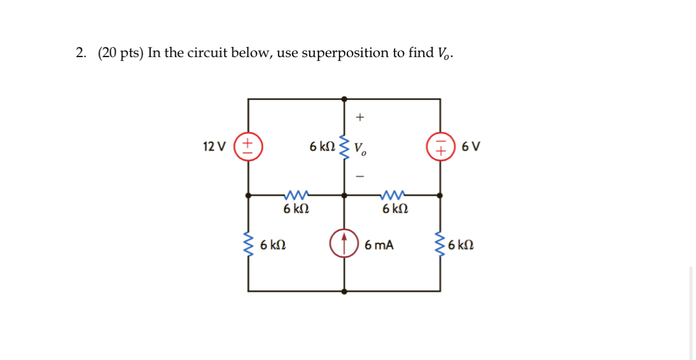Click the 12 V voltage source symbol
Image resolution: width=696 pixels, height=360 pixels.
tap(248, 147)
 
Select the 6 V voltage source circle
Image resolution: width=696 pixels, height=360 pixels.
tap(440, 147)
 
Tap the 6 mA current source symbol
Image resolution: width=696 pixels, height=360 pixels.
tap(344, 244)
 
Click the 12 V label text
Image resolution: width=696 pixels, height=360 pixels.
tap(214, 147)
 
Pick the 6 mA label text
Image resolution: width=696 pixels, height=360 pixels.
tap(379, 245)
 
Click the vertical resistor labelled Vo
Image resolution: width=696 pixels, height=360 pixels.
tap(344, 147)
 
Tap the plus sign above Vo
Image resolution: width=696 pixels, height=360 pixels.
tap(360, 118)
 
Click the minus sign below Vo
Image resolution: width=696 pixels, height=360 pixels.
tap(360, 177)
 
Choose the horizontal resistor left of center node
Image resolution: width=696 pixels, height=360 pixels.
tap(296, 195)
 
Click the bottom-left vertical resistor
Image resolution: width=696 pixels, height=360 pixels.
tap(248, 244)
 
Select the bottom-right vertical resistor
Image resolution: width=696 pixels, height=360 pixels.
tap(440, 244)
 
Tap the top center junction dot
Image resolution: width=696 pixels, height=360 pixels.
tap(344, 99)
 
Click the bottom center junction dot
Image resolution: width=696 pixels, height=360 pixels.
tap(344, 291)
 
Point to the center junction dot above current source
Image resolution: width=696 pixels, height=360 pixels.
tap(344, 195)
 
